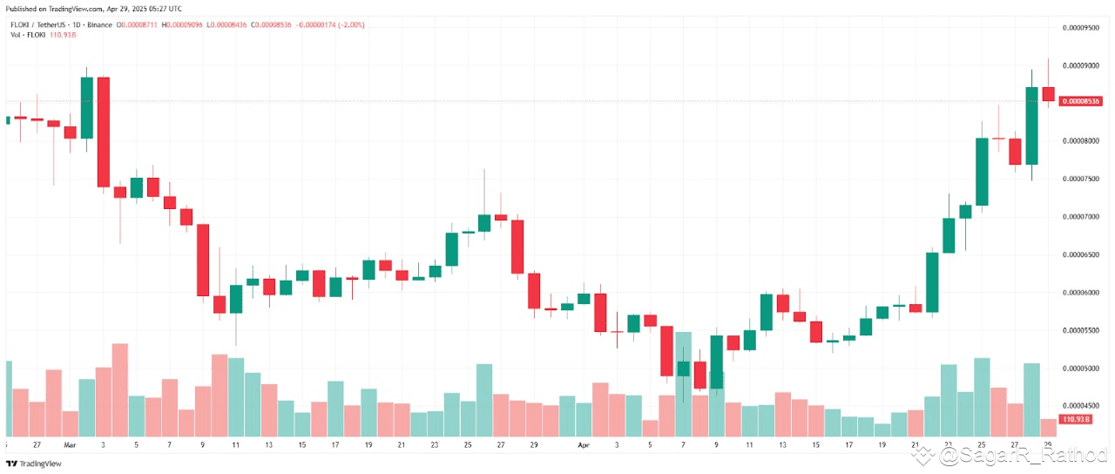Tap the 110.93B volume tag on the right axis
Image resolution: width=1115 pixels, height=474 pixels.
(1077, 420)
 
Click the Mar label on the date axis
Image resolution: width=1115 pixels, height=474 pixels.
(70, 444)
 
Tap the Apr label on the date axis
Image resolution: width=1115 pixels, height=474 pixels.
(585, 444)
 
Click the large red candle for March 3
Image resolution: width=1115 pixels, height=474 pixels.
(103, 132)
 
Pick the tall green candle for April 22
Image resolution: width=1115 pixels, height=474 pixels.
(932, 281)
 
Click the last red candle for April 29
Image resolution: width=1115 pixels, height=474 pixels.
(1048, 94)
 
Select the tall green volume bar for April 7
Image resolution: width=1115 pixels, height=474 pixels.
(684, 383)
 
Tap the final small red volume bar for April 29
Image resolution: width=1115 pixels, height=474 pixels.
(1048, 427)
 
